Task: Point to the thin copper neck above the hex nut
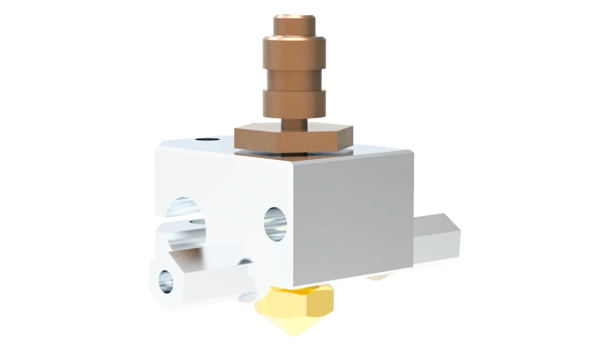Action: point(294,123)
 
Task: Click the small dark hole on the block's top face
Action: point(207,140)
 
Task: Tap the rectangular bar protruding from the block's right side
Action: point(435,240)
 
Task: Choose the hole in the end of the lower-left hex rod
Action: point(166,281)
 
